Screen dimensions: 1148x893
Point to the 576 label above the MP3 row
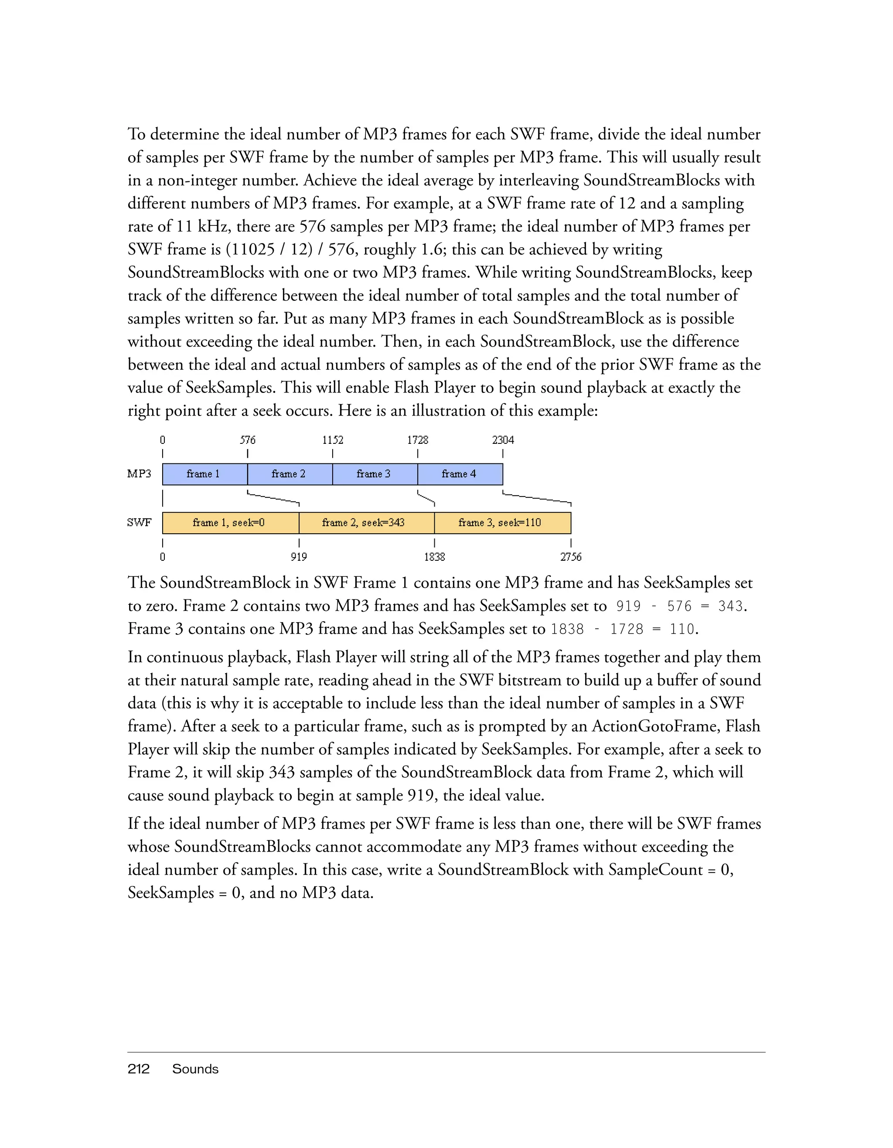[x=248, y=440]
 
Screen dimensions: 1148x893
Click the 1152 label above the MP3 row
[x=333, y=440]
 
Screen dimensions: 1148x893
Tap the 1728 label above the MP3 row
[x=418, y=440]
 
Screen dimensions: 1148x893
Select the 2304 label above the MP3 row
[x=503, y=440]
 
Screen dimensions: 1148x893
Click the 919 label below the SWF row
[x=299, y=557]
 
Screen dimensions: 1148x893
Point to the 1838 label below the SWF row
[x=435, y=557]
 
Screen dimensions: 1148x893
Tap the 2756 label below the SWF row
[x=571, y=557]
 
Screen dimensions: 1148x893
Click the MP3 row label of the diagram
[x=139, y=474]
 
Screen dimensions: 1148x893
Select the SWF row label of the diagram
[x=139, y=523]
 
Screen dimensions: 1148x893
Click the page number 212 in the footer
[x=138, y=1069]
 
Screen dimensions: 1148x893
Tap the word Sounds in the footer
[x=195, y=1069]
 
